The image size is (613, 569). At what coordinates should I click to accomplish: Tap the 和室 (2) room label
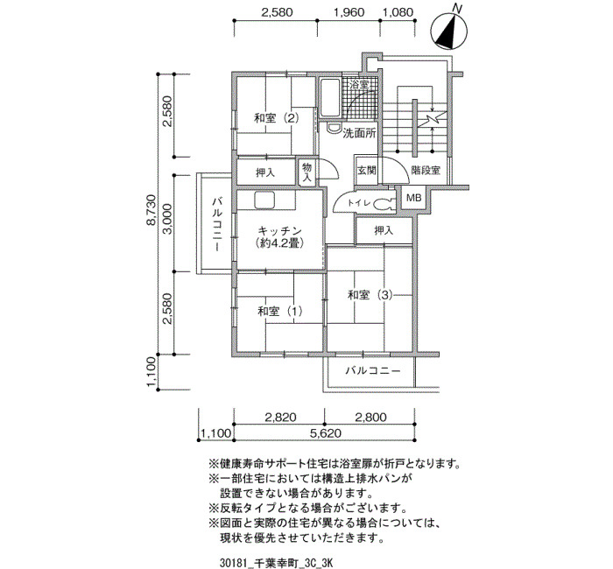tap(277, 117)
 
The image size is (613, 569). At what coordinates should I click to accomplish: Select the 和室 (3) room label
tap(370, 295)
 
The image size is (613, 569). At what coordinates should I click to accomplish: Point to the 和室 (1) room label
tap(280, 311)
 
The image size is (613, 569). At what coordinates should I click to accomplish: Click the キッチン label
tap(280, 229)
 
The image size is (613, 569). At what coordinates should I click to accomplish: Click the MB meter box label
tap(413, 198)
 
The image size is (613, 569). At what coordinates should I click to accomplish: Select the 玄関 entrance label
tap(367, 171)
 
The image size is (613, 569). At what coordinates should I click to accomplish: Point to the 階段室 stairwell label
tap(426, 171)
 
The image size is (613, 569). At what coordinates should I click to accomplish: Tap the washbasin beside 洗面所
tap(333, 128)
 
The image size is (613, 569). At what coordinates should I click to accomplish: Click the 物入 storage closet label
tap(306, 172)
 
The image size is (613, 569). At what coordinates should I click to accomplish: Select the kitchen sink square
tap(265, 200)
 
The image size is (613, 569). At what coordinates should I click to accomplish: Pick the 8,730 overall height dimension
tap(151, 215)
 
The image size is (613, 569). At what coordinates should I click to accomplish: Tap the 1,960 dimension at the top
tap(349, 12)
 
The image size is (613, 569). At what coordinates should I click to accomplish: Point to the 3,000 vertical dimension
tap(167, 219)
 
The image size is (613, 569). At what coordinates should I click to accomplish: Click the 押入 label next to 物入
tap(265, 172)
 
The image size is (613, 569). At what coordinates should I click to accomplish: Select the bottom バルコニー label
tap(372, 370)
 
